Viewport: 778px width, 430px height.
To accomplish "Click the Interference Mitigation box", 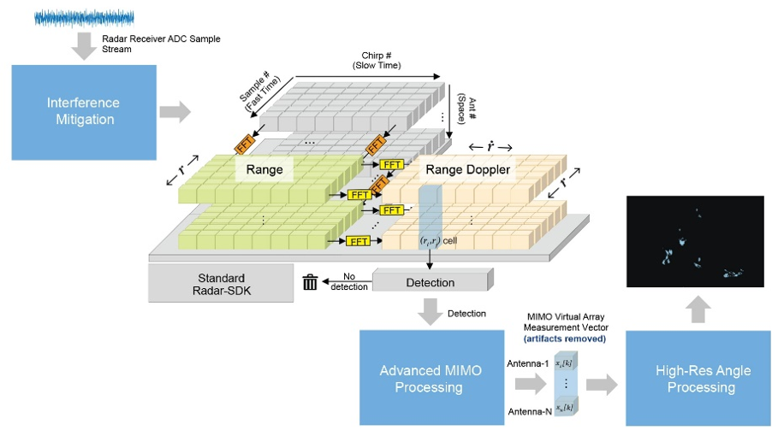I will coord(84,112).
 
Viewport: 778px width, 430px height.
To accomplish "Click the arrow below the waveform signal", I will coord(84,45).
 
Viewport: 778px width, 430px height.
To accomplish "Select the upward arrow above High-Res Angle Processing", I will coord(698,309).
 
